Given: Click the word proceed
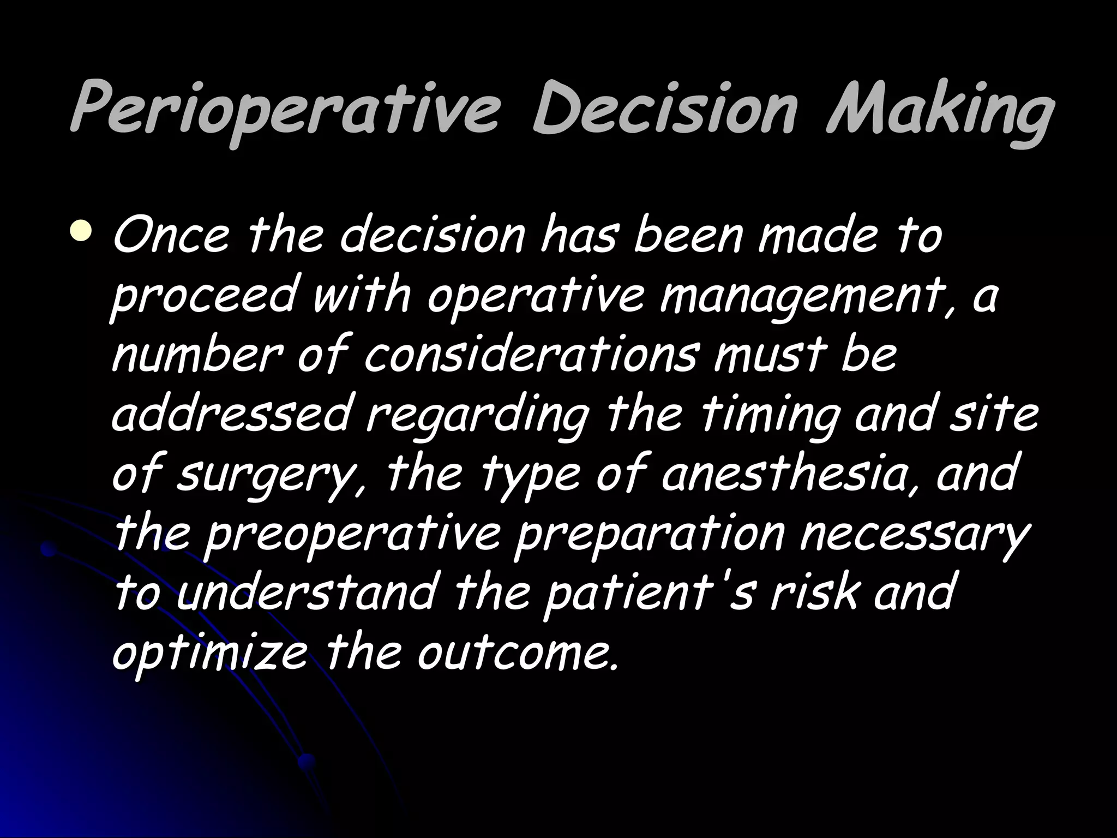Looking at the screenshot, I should pyautogui.click(x=205, y=297).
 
